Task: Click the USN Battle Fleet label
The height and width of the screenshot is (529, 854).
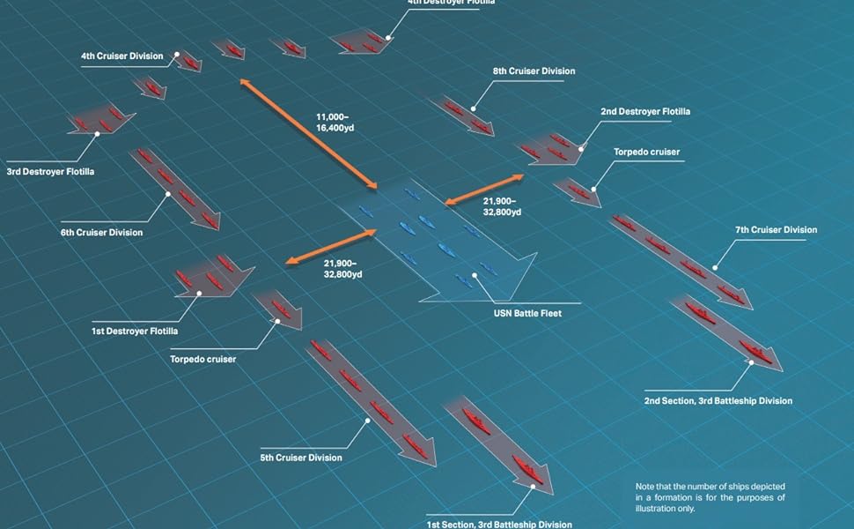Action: [526, 313]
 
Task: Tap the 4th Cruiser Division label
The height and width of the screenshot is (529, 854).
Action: [121, 56]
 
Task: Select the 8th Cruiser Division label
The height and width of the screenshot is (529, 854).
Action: [534, 71]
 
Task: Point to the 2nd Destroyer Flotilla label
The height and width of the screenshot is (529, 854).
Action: [645, 112]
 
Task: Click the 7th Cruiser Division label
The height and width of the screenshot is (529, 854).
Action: [776, 230]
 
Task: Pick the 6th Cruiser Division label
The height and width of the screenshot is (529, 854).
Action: [102, 233]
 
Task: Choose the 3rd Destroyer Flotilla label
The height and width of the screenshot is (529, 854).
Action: [50, 171]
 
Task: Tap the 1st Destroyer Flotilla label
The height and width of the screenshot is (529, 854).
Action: [135, 332]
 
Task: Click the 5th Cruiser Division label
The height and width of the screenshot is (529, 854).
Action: [301, 458]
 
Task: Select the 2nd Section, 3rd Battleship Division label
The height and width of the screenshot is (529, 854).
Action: [718, 400]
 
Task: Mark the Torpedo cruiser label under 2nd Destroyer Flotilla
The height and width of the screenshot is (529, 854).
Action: [647, 153]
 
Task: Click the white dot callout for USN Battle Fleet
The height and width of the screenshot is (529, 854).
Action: [476, 275]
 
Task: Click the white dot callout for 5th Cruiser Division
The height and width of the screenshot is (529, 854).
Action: [367, 421]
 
